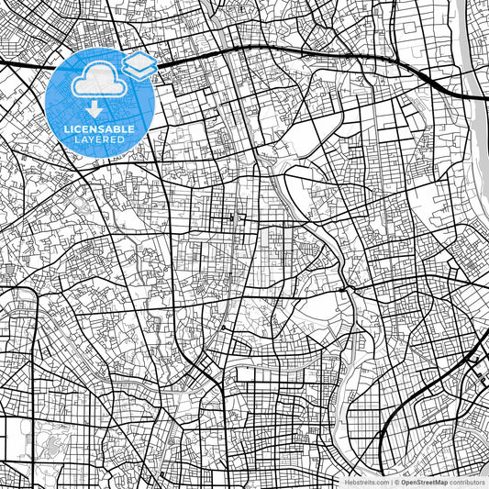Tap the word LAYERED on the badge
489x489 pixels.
point(102,139)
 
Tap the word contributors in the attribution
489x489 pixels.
point(467,481)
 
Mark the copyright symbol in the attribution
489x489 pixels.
point(397,481)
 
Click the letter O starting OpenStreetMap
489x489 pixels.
point(404,481)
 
